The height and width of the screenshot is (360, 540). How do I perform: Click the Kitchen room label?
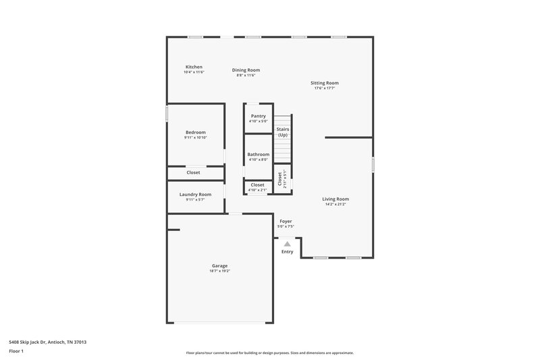[194, 67]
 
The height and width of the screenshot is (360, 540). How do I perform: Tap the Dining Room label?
[246, 70]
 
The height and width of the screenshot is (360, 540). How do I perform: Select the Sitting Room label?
[325, 83]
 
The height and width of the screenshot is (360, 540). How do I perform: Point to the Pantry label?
[258, 116]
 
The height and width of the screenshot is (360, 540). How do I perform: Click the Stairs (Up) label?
[283, 131]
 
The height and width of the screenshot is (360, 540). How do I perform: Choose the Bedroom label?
[196, 132]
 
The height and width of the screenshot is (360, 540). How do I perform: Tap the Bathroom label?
[258, 155]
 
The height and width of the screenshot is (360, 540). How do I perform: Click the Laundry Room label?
[195, 195]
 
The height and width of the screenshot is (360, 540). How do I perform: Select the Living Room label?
[335, 199]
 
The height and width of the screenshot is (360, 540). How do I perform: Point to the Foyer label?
[286, 221]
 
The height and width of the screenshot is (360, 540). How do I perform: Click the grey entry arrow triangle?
[287, 244]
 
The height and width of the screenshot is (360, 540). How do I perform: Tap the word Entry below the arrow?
[288, 252]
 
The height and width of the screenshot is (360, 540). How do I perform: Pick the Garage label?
[220, 266]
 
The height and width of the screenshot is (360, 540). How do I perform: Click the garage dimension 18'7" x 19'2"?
[220, 271]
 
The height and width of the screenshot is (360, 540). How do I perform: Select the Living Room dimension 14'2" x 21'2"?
[335, 203]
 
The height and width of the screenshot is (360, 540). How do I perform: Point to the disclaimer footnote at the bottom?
[269, 353]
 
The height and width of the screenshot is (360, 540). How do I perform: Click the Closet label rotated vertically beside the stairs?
[279, 178]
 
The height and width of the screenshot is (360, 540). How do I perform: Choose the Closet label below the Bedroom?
[193, 172]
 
